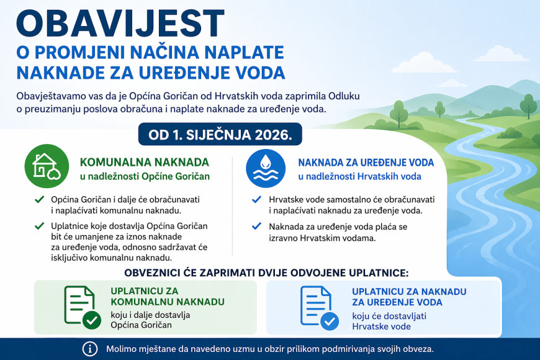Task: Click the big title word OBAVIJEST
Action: point(120,23)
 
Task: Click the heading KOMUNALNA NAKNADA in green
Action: point(145,162)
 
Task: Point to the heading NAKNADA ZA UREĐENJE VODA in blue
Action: point(366,163)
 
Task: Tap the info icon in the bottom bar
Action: point(90,348)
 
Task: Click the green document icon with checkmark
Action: point(82,307)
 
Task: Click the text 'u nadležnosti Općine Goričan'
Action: point(145,176)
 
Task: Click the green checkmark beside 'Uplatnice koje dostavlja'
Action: point(39,226)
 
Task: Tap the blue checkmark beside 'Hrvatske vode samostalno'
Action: point(256,200)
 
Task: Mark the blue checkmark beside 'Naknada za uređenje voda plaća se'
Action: point(256,227)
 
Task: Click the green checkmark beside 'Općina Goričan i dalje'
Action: point(39,200)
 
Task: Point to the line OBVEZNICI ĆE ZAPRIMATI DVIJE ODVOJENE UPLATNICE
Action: point(266,272)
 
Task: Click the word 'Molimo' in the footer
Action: point(122,348)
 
